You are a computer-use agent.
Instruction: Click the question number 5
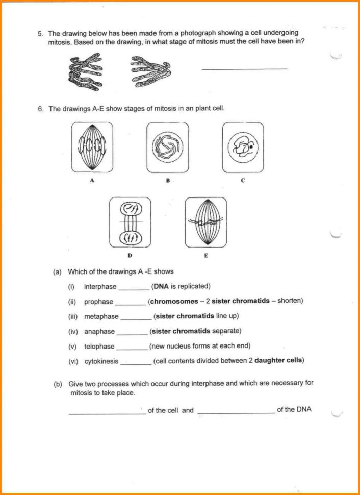click(x=40, y=33)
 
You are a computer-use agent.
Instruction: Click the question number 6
click(x=40, y=109)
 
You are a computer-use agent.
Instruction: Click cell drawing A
click(x=92, y=147)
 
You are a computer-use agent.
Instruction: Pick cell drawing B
click(x=167, y=147)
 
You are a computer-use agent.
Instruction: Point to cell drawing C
click(x=243, y=147)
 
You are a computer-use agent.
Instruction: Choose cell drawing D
click(x=130, y=222)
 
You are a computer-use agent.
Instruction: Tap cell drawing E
click(x=205, y=222)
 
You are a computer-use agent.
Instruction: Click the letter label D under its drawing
click(x=130, y=255)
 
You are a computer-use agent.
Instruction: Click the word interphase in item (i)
click(x=100, y=287)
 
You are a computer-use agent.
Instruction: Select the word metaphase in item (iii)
click(x=101, y=316)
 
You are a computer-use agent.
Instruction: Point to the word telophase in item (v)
click(x=99, y=346)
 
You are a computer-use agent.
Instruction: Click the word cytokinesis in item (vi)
click(x=101, y=361)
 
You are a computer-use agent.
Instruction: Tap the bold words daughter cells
click(x=279, y=361)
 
